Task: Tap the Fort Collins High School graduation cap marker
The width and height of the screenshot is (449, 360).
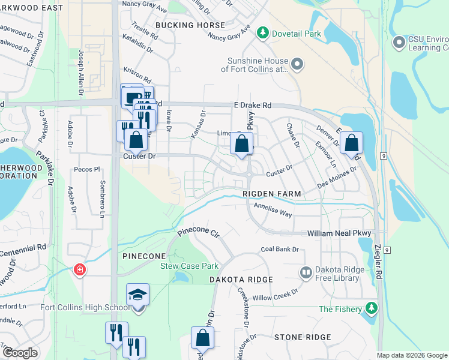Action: (137, 295)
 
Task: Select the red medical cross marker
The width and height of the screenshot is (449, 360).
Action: (79, 270)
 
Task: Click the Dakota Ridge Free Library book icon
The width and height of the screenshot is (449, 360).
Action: (306, 273)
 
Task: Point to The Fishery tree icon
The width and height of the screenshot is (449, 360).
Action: (372, 308)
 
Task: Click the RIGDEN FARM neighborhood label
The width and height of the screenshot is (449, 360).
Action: (271, 194)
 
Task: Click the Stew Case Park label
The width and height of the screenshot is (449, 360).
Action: (188, 266)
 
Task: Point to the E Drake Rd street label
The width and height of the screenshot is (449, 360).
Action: (252, 105)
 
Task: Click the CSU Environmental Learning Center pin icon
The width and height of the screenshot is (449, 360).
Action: (399, 42)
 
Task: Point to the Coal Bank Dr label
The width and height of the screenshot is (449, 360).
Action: (279, 250)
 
